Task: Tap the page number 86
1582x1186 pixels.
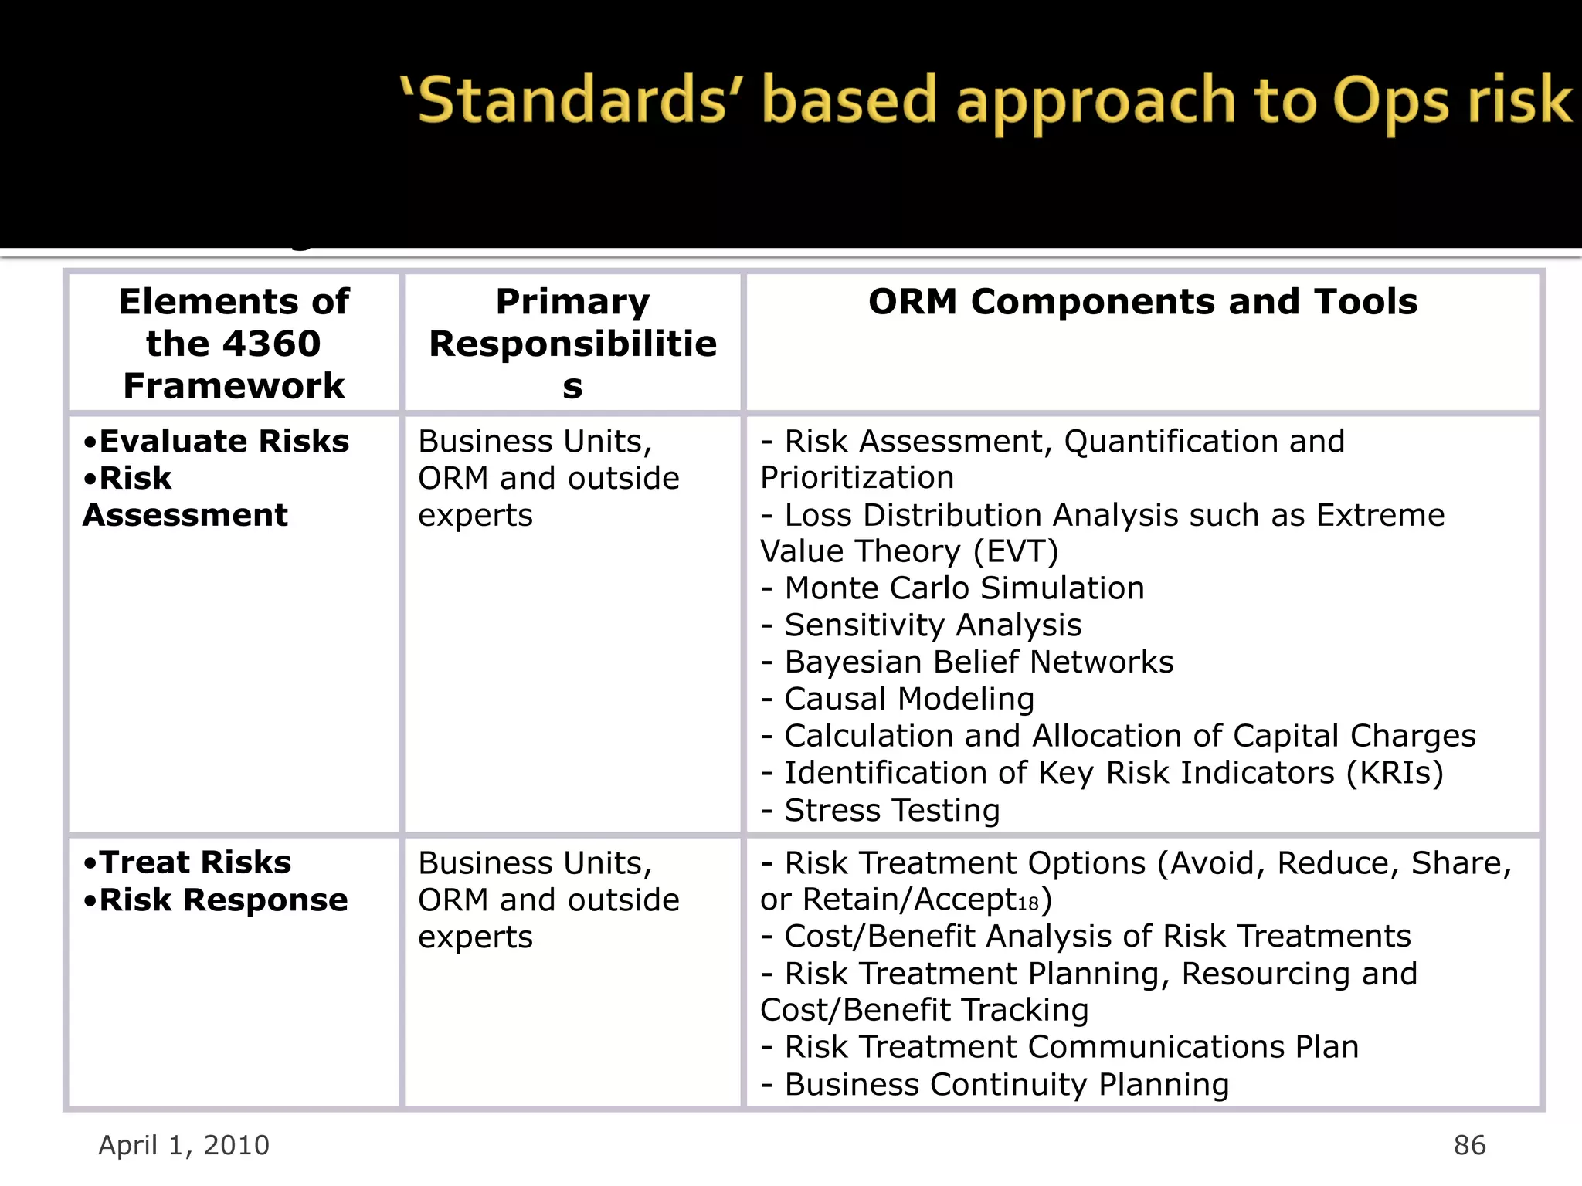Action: (1469, 1145)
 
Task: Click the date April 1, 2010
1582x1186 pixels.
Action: (184, 1145)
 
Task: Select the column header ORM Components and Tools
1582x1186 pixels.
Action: (1142, 302)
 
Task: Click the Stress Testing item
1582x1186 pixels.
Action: (891, 811)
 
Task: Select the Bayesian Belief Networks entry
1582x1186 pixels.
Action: (978, 662)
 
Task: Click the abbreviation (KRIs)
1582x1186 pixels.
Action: (1394, 773)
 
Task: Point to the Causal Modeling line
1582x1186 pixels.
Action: (908, 700)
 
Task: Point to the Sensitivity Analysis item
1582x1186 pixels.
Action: (932, 625)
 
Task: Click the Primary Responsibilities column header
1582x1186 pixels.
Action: (572, 344)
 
